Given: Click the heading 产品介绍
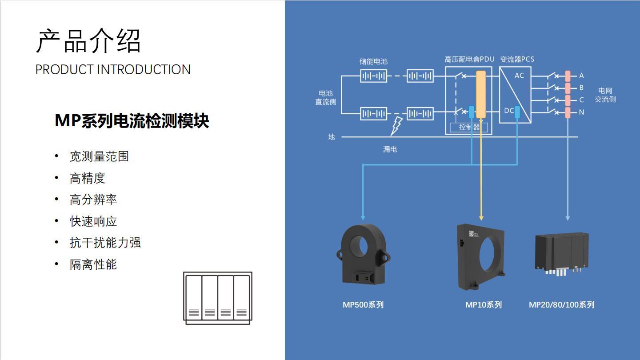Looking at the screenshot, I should coord(88,41).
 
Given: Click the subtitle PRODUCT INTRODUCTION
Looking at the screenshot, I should coord(113,69).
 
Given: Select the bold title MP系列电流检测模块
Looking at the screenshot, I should coord(132,121).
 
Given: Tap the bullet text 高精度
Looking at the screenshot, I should coord(87,178).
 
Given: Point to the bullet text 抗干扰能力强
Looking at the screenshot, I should coord(105,243).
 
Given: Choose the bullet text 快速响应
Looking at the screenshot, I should coord(93,221).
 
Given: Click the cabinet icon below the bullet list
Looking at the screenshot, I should coord(218,298).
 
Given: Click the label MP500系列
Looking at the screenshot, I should coord(363,305).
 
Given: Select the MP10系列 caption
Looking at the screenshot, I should coord(483,305).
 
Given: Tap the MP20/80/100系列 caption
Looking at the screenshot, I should coord(561,305).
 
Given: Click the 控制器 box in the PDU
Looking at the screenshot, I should coord(469,128).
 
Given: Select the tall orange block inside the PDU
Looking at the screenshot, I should coord(481,94).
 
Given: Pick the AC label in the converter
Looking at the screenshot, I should coord(519,76).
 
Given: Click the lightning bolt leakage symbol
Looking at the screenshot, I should coord(396,126).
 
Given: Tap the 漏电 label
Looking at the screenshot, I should coord(390,150).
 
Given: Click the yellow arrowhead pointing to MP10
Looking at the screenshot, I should coord(481,217).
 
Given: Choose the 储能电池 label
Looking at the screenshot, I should coord(373,61).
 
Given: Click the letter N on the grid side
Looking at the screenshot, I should coord(581,112).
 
